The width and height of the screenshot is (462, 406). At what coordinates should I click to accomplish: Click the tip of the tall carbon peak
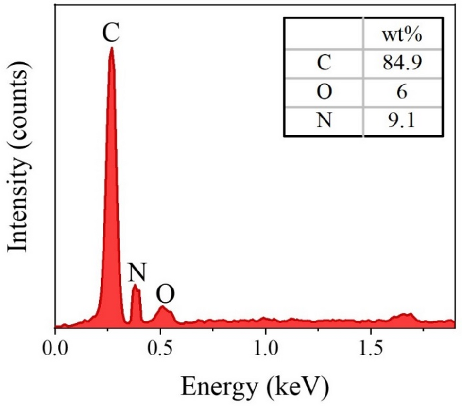(111, 48)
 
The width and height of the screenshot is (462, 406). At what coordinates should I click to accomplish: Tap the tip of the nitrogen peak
(136, 286)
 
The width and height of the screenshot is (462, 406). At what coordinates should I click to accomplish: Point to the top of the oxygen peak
(163, 307)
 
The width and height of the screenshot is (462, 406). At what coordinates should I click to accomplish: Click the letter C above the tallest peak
(111, 33)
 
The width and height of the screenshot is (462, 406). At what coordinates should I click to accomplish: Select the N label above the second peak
(137, 273)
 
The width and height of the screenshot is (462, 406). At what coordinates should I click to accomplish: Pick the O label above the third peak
(165, 294)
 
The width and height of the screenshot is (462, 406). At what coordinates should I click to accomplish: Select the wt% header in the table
(402, 36)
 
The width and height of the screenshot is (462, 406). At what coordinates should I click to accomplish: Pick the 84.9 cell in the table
(402, 63)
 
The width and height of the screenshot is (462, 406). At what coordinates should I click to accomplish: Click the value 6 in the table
(402, 91)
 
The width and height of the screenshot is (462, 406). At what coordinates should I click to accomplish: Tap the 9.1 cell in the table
(402, 119)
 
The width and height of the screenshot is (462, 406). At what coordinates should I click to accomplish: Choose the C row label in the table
(324, 63)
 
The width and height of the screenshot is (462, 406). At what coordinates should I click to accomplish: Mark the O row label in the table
(324, 91)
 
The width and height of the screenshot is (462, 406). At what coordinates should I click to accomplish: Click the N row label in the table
(324, 119)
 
